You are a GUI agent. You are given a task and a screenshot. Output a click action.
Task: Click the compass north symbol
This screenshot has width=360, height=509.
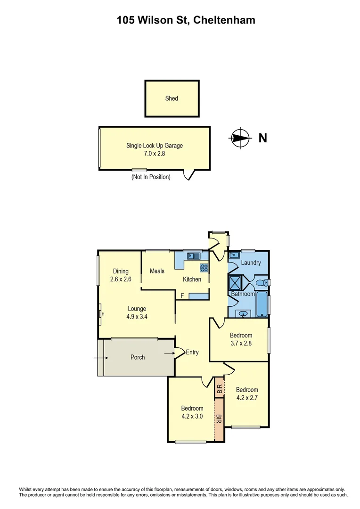tap(240, 138)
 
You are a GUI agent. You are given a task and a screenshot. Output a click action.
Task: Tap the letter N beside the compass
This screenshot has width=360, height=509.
tap(263, 138)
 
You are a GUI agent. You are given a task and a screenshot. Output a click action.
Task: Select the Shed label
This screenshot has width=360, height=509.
tap(172, 99)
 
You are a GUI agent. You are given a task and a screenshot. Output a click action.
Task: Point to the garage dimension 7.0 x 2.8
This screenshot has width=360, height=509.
tap(155, 153)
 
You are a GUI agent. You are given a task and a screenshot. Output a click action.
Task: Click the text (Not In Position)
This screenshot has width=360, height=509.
tap(151, 177)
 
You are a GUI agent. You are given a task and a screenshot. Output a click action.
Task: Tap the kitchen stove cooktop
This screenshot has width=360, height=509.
tap(204, 268)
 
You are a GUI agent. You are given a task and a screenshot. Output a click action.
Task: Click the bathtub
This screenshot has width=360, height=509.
tap(262, 304)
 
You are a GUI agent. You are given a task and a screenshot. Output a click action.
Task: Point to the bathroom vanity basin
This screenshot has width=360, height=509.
tap(244, 313)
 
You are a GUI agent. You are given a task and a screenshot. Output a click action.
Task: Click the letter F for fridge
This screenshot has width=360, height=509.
tap(182, 296)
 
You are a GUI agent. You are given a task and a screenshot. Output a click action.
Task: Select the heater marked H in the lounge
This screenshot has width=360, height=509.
tap(101, 314)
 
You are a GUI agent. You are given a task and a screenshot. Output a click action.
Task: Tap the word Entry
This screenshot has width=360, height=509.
tap(192, 352)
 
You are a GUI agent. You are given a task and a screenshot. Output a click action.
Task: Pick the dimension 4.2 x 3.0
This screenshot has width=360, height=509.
tap(192, 416)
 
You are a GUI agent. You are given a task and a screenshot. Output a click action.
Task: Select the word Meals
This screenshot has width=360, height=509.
tap(157, 271)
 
